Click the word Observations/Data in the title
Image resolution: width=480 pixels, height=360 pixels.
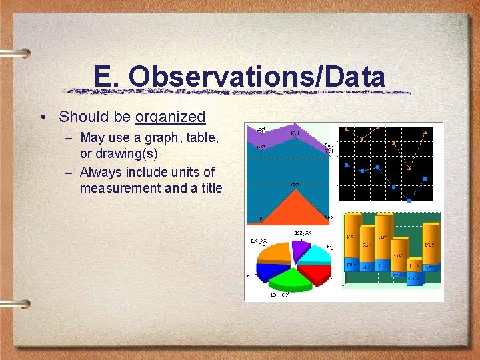click(257, 77)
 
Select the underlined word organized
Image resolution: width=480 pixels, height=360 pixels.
click(170, 117)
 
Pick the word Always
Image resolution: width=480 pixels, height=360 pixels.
click(101, 172)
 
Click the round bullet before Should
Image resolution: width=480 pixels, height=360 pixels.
click(42, 117)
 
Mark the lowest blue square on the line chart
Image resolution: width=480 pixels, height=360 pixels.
click(409, 199)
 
